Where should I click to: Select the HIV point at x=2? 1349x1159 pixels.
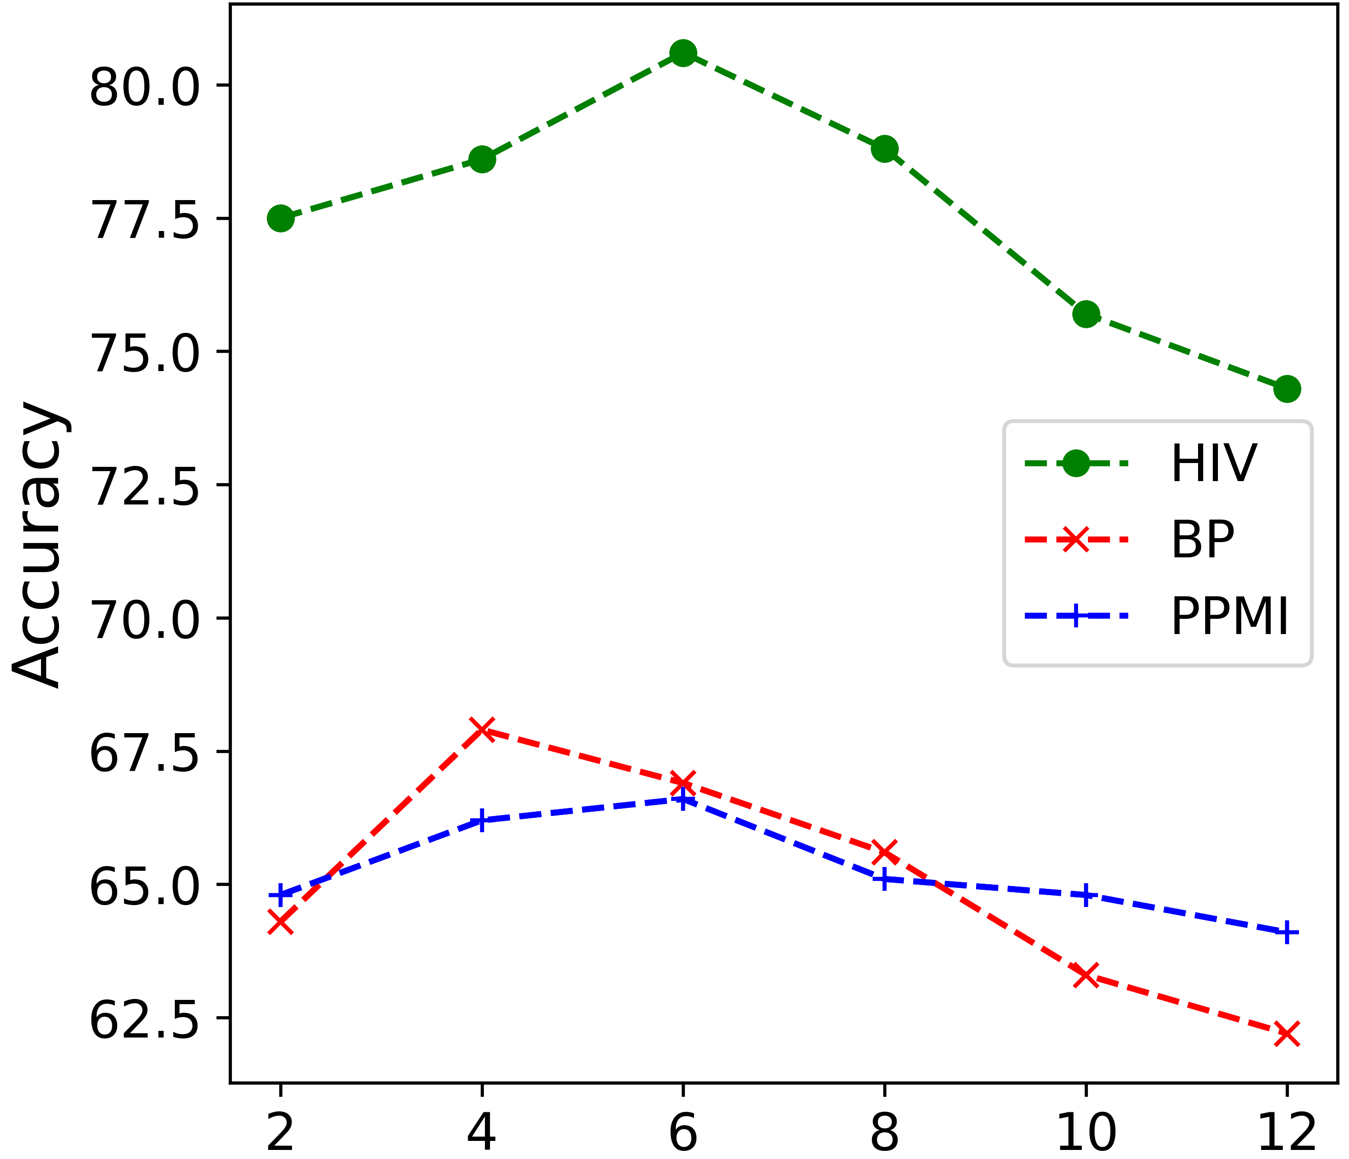(x=281, y=218)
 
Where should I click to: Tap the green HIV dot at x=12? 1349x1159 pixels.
(x=1287, y=389)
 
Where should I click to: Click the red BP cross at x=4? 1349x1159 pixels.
(x=482, y=729)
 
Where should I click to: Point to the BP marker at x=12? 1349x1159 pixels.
(x=1287, y=1033)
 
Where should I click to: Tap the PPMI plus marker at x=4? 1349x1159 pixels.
(x=482, y=820)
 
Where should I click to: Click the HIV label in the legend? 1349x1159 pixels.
(x=1214, y=464)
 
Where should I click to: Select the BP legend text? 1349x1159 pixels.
(x=1202, y=540)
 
